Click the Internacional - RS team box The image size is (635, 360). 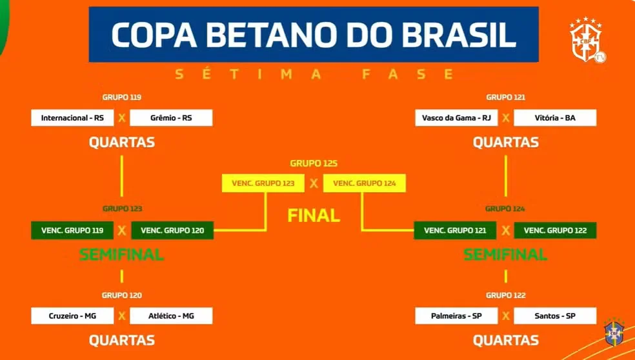click(72, 118)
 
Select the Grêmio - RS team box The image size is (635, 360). click(171, 118)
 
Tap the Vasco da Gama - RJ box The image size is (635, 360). click(456, 118)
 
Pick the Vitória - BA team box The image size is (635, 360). click(555, 118)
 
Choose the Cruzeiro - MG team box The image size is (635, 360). click(72, 316)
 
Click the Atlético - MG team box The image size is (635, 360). click(171, 316)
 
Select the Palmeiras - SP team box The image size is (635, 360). click(456, 316)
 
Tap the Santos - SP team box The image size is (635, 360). click(555, 316)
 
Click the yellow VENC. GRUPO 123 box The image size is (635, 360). click(263, 183)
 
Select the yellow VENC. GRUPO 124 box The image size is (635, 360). click(365, 183)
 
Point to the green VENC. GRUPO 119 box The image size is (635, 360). click(72, 230)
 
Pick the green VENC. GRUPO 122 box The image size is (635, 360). click(555, 230)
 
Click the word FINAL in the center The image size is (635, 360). click(314, 215)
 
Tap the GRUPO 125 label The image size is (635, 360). click(314, 164)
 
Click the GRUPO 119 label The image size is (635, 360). click(122, 97)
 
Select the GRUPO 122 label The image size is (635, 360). click(506, 295)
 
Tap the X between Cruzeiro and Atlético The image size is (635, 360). click(122, 316)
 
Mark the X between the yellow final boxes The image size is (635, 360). click(314, 183)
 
